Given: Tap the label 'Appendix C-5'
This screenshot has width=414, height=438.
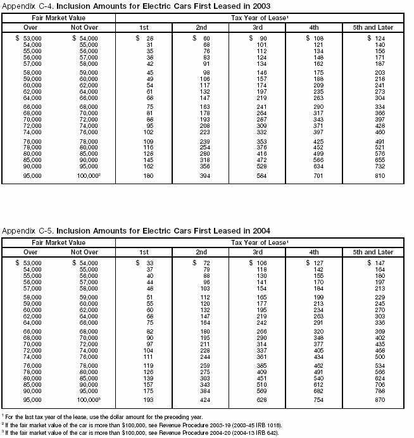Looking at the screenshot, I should coord(23,232).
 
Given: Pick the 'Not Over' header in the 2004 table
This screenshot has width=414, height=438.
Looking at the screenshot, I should coord(87,252).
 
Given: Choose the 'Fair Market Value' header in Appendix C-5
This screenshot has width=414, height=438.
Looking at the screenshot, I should coord(58,242).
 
